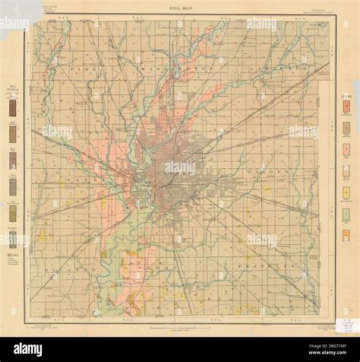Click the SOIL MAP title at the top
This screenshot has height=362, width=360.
[x=180, y=6]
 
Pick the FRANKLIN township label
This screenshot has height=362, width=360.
[x=273, y=268]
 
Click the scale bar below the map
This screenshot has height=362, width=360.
[x=181, y=325]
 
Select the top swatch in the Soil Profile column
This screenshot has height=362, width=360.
[x=13, y=108]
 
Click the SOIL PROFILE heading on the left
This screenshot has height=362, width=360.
[x=13, y=90]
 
